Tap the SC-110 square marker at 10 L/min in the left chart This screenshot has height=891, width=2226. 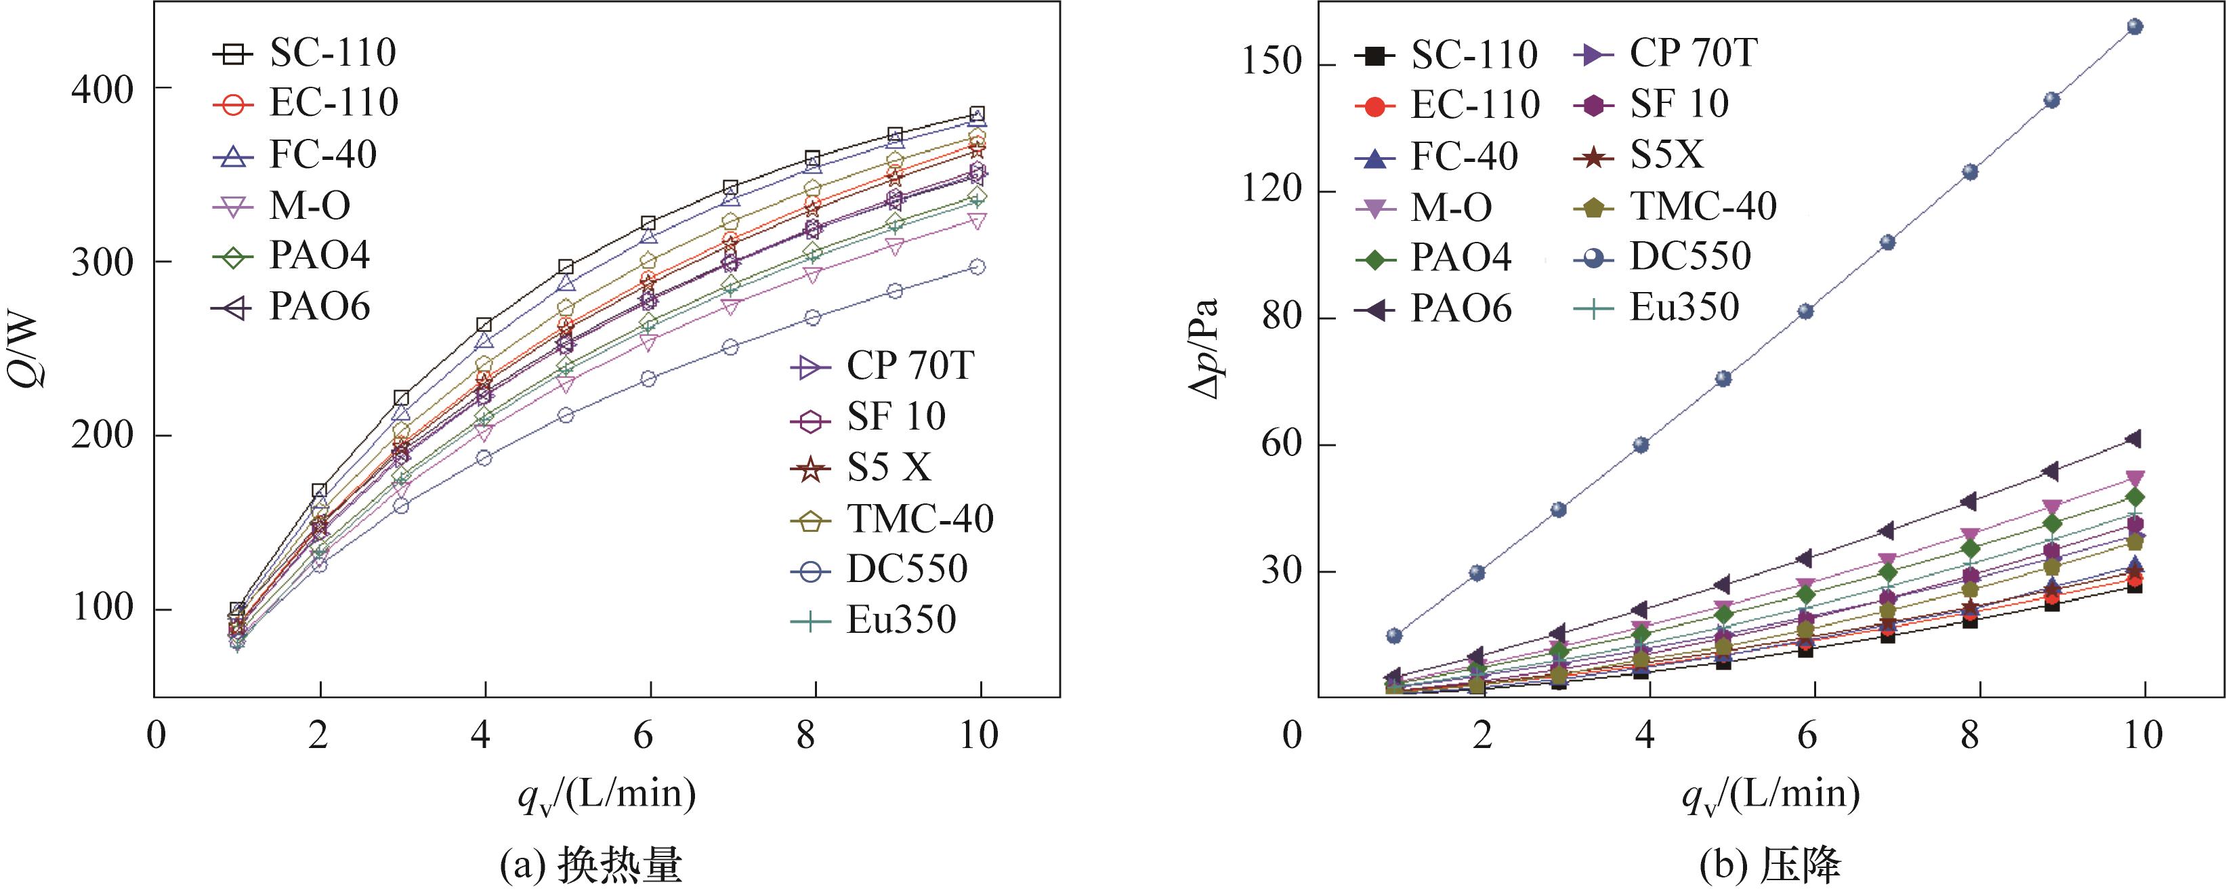coord(978,114)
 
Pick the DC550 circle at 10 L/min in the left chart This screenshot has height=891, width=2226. coord(978,267)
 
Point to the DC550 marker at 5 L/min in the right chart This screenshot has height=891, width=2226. coord(1723,379)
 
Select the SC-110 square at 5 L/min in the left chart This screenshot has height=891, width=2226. coord(566,267)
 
